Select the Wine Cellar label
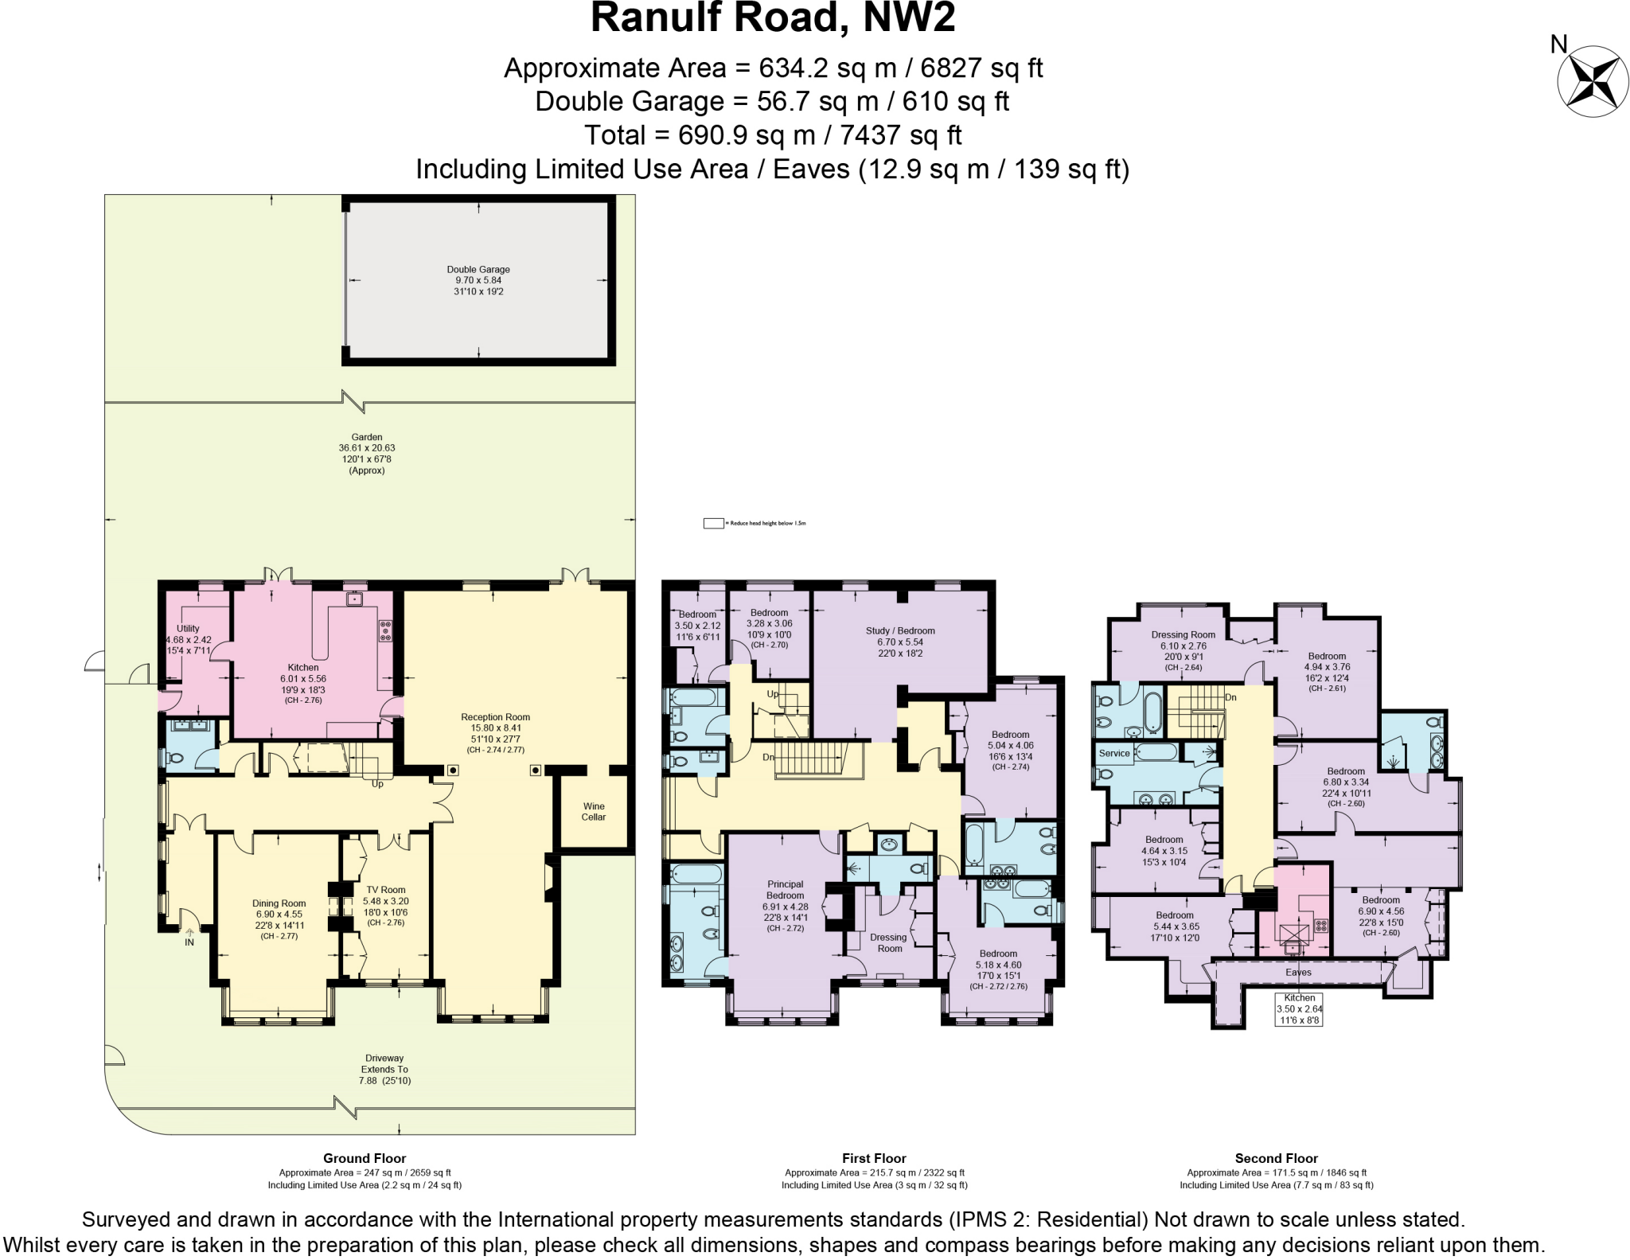point(594,811)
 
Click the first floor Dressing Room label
point(889,942)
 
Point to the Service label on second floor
point(1114,753)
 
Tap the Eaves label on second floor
point(1298,973)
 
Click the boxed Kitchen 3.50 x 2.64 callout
point(1299,1008)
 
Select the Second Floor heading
point(1276,1158)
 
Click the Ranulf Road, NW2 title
point(772,19)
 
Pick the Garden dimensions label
point(367,454)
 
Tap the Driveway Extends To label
point(384,1069)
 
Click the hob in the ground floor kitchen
point(385,630)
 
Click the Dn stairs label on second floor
point(1230,697)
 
